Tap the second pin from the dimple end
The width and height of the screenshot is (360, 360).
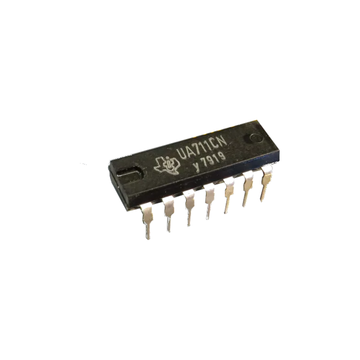pos(246,192)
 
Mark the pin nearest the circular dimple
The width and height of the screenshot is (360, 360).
pos(264,186)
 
